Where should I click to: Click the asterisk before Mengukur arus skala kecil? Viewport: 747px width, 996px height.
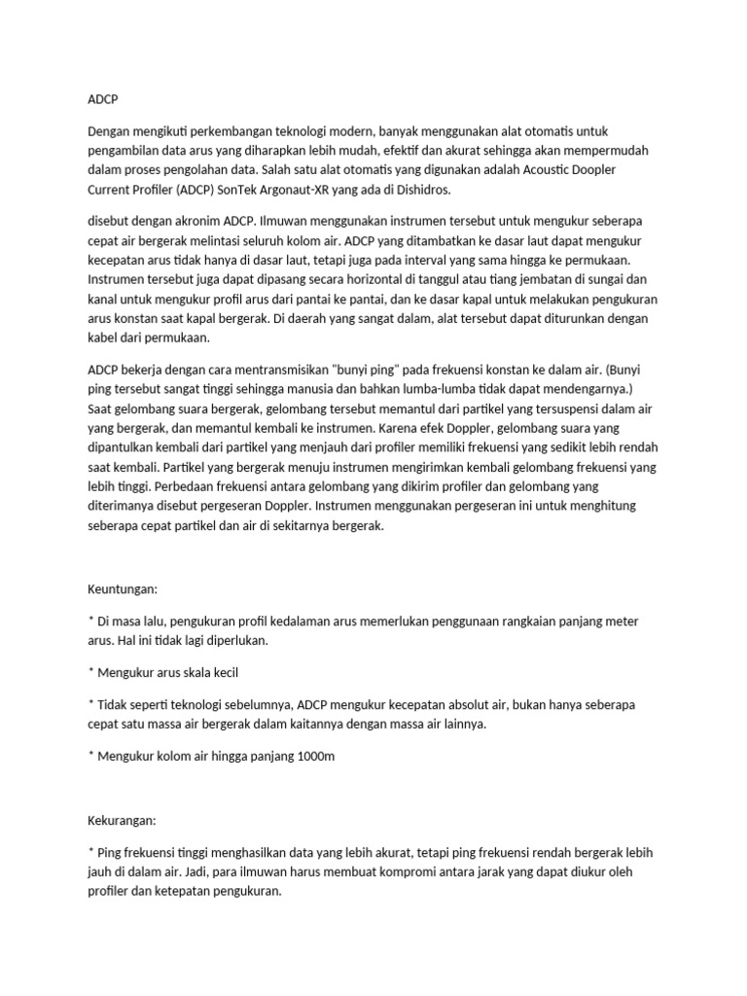click(x=90, y=671)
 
